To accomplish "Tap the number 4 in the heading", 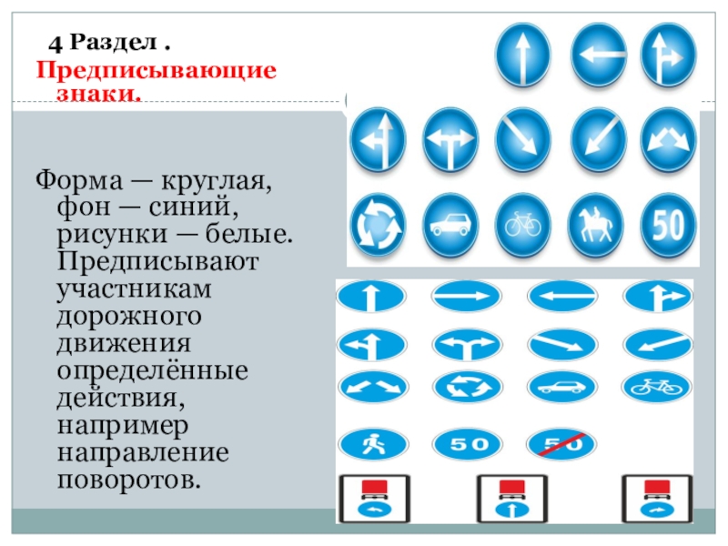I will tap(56, 44).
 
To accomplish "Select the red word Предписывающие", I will tap(156, 70).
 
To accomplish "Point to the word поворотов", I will tap(126, 480).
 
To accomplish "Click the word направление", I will tap(143, 453).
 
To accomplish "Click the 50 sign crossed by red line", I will tap(560, 445).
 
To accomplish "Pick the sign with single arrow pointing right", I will tap(466, 296).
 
